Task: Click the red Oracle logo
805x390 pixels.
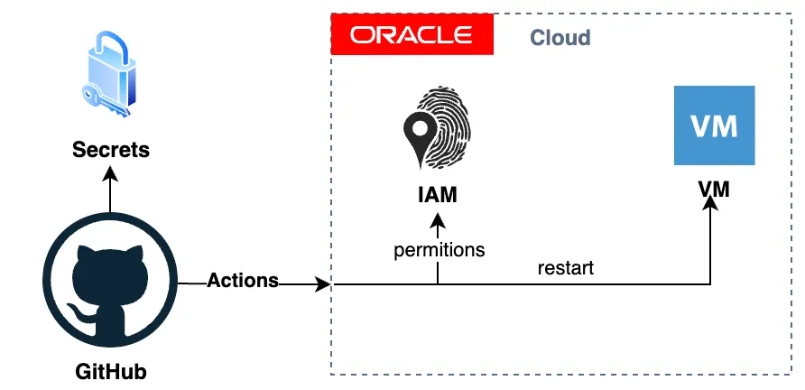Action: click(412, 35)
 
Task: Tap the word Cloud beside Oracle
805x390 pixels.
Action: click(560, 38)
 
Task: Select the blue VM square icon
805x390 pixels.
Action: click(714, 125)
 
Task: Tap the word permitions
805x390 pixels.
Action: click(439, 250)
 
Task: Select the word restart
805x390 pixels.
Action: click(565, 268)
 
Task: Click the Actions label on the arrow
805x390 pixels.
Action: click(243, 281)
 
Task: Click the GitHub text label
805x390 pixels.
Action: click(110, 371)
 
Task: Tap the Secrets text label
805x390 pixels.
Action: click(110, 149)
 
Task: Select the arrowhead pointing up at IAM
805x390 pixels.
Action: click(438, 220)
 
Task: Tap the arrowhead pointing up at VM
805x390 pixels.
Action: click(711, 205)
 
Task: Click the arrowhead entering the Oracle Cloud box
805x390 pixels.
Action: click(322, 285)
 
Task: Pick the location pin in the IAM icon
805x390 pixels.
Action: click(419, 132)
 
